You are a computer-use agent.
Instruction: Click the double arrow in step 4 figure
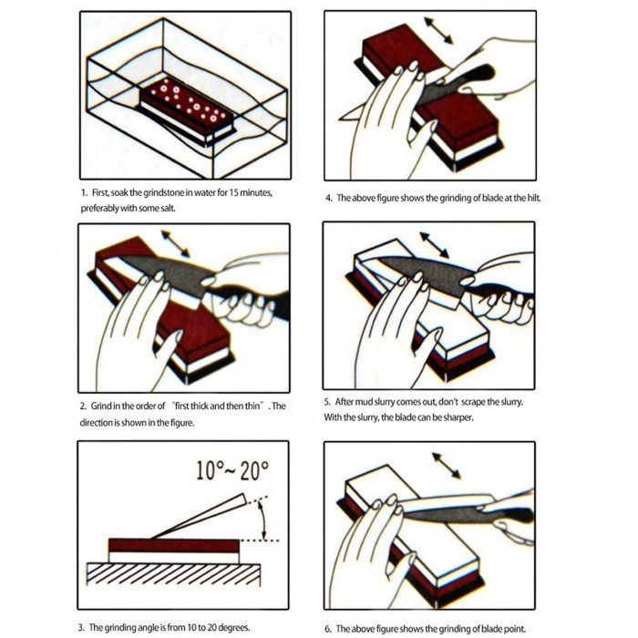(x=438, y=30)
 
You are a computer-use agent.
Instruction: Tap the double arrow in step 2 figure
(x=175, y=243)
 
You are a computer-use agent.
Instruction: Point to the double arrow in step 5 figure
(x=434, y=245)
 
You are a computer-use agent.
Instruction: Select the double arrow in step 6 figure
(x=447, y=466)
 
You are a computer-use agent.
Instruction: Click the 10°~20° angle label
(x=232, y=471)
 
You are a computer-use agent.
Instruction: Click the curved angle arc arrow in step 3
(x=263, y=520)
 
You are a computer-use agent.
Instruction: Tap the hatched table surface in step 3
(x=174, y=574)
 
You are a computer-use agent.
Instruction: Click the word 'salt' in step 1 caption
(x=167, y=209)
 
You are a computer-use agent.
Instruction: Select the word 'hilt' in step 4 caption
(x=533, y=198)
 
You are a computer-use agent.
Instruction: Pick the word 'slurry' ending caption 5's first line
(x=511, y=402)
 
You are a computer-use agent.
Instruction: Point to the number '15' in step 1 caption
(x=233, y=192)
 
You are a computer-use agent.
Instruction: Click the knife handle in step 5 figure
(x=500, y=293)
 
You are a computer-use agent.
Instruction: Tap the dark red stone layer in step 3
(x=174, y=545)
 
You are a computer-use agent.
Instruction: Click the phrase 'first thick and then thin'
(x=218, y=406)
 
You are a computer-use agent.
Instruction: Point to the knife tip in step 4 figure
(x=340, y=118)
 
